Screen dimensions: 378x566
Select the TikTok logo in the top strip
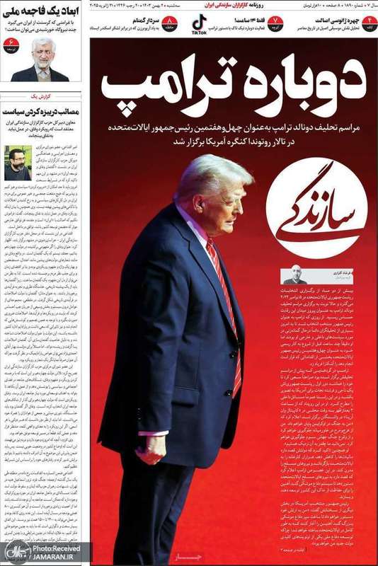(200, 24)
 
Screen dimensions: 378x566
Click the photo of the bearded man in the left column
(17, 163)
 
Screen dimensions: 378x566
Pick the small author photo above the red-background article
(294, 275)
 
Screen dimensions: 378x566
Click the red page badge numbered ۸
(171, 24)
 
